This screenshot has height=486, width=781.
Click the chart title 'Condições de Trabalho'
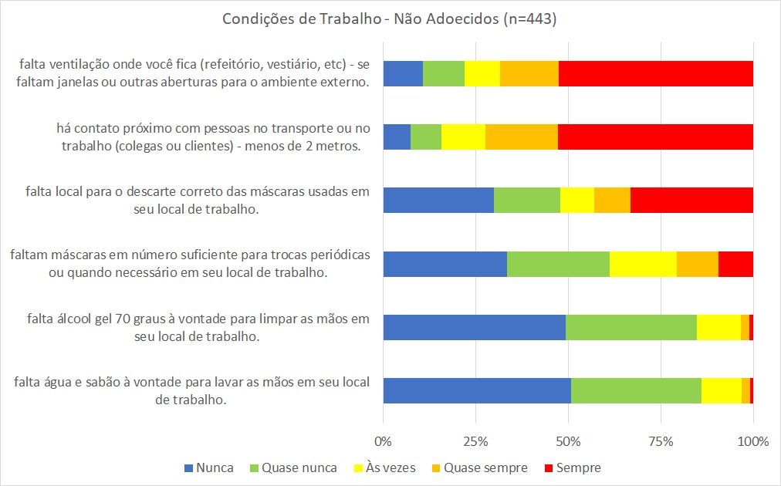(390, 21)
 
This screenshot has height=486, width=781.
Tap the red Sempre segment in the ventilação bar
(656, 73)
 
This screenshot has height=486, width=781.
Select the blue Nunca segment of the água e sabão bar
(477, 390)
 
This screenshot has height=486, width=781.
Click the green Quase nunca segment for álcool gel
(631, 327)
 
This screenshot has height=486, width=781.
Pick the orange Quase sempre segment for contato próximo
(522, 137)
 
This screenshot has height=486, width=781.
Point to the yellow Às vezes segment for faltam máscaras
(644, 264)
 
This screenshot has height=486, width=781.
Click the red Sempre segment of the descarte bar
(691, 201)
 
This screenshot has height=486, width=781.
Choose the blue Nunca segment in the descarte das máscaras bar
(438, 201)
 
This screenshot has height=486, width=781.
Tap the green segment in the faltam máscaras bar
(558, 264)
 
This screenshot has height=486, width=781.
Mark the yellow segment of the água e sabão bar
(722, 390)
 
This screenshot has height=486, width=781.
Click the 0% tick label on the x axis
(384, 442)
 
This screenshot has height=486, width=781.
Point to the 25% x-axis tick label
(476, 442)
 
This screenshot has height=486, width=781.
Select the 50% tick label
(569, 442)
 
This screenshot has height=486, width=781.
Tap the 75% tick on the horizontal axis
(661, 442)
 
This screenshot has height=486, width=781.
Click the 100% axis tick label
(753, 442)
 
